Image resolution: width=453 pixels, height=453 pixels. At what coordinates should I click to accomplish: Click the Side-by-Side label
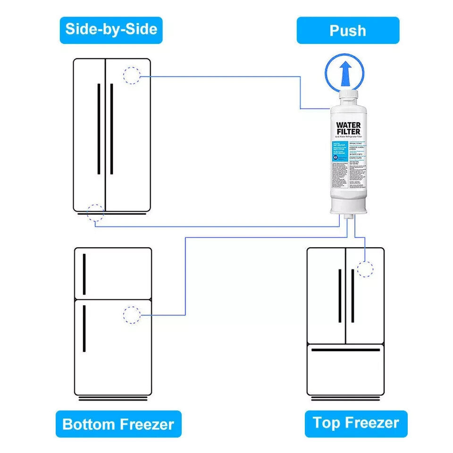click(x=111, y=30)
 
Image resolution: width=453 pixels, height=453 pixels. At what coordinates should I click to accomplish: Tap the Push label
click(x=348, y=31)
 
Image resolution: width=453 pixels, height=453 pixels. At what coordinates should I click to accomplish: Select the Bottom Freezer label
click(x=118, y=424)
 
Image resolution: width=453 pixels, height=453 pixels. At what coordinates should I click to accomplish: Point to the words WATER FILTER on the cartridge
click(x=348, y=128)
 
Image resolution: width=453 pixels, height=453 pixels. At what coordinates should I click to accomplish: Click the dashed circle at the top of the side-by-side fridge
click(x=132, y=75)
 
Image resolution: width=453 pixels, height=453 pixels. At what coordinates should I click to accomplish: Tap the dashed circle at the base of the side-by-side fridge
click(x=95, y=213)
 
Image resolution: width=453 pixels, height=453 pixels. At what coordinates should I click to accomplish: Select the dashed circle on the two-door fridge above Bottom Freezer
click(x=132, y=315)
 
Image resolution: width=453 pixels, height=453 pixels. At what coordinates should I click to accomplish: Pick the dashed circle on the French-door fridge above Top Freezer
click(x=365, y=268)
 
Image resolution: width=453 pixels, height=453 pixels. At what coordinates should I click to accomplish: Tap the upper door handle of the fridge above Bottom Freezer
click(x=84, y=274)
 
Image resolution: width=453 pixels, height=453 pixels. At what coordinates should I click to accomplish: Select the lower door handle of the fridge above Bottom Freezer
click(x=84, y=328)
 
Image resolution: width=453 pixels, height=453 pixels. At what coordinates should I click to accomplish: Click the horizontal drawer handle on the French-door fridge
click(x=345, y=350)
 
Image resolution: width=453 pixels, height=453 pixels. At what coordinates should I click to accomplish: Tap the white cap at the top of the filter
click(x=348, y=99)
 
